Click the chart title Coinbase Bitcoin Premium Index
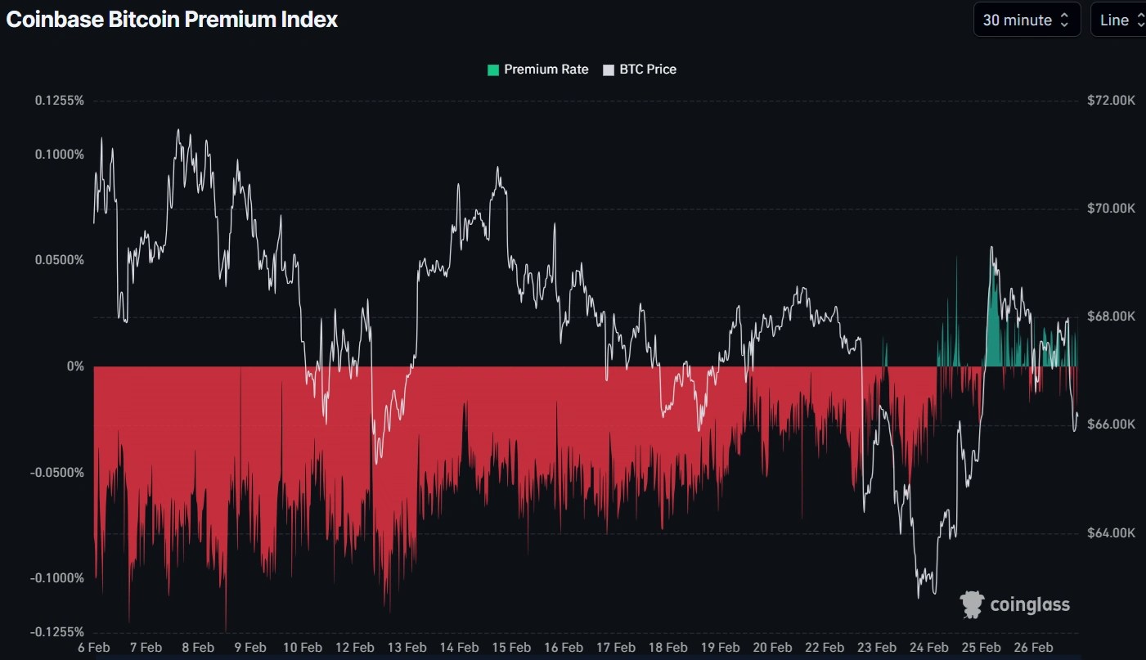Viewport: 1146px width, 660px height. [x=172, y=20]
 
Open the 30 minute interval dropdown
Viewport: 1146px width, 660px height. [x=1026, y=20]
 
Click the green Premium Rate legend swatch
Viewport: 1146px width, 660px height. [x=492, y=70]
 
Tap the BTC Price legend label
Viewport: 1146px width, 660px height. [x=648, y=70]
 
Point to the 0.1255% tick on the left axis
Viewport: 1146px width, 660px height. [x=59, y=101]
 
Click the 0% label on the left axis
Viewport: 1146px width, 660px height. [x=75, y=366]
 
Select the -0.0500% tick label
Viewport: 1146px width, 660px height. [x=57, y=473]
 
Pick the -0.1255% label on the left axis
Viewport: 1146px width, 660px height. [x=57, y=631]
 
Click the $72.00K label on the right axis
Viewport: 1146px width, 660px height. [x=1111, y=101]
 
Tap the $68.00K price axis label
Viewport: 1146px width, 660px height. [x=1111, y=317]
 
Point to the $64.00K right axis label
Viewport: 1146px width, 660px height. [x=1111, y=533]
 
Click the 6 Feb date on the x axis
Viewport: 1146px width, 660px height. [x=94, y=647]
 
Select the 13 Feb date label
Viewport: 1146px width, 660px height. [x=407, y=647]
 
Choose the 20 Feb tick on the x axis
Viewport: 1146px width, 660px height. [x=772, y=647]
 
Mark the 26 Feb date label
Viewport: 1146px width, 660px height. [x=1033, y=647]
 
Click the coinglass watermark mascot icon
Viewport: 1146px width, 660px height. [x=972, y=604]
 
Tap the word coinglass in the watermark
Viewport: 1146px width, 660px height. [x=1030, y=605]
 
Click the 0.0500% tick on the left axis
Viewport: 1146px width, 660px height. [x=59, y=260]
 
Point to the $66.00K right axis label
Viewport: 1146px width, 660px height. [x=1111, y=424]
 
